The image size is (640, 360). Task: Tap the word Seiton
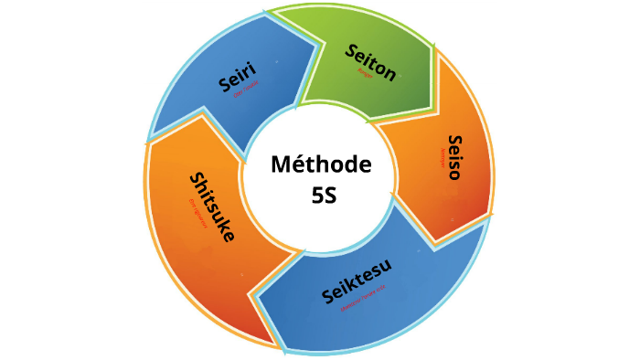pos(370,62)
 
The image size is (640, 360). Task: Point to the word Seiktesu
pos(357,283)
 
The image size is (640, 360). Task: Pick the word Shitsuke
pos(211,206)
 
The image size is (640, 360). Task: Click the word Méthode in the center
pos(321,164)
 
